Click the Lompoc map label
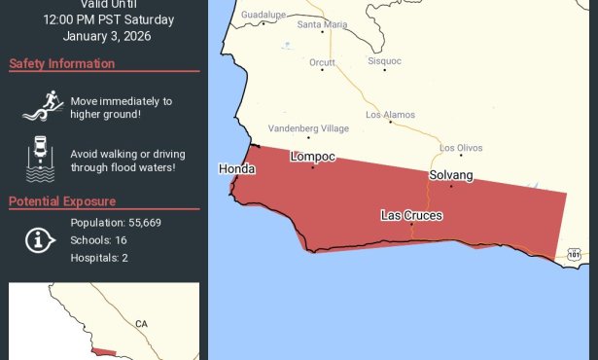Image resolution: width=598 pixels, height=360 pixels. (x=313, y=156)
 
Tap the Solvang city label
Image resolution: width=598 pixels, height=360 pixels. (x=451, y=175)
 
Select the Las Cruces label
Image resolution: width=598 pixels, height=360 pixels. (x=411, y=214)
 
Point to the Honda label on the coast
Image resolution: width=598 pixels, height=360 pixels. (x=237, y=168)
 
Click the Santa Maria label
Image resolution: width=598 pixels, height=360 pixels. (x=323, y=24)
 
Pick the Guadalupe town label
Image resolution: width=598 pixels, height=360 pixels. (x=263, y=16)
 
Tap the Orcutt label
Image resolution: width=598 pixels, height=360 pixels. (x=322, y=62)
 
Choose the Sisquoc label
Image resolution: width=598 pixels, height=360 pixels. (x=384, y=60)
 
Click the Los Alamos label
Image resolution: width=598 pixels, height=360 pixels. (x=390, y=115)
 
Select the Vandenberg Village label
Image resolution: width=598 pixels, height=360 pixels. (x=308, y=128)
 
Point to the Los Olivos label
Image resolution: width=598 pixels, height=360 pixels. (x=461, y=148)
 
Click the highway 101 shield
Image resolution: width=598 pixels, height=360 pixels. (x=574, y=255)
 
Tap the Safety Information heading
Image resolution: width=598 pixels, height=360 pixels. (x=62, y=64)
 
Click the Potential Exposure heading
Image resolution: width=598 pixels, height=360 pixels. (x=62, y=201)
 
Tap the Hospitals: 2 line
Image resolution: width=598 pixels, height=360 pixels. (x=99, y=258)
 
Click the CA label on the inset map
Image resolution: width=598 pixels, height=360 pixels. (x=141, y=324)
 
